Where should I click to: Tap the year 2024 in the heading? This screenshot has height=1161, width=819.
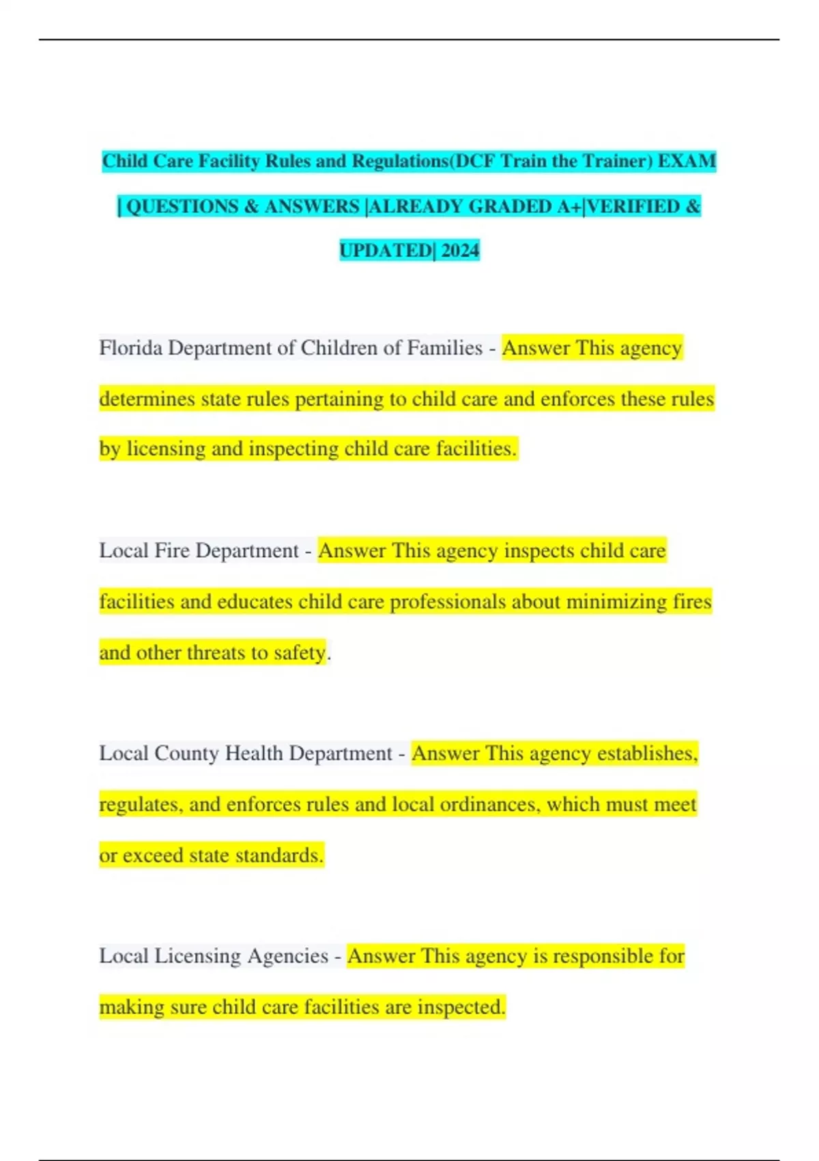tap(460, 251)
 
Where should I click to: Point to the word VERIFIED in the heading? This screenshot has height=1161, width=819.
tap(633, 206)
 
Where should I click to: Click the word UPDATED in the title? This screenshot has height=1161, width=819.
tap(386, 251)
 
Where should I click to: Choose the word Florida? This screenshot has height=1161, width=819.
tap(130, 348)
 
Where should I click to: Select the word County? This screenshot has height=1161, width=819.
tap(186, 753)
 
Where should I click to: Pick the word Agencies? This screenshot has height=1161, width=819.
tap(287, 956)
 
